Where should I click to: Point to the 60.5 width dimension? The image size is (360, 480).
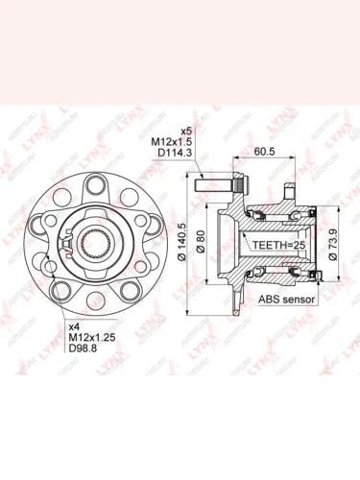tap(267, 150)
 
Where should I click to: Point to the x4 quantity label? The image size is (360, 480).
tap(74, 327)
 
